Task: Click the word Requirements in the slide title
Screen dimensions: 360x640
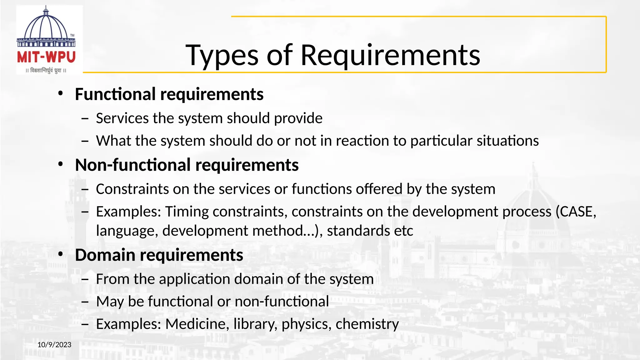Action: (x=390, y=56)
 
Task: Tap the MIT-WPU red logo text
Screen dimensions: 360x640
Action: (x=46, y=57)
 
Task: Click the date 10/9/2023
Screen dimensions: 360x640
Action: (x=54, y=345)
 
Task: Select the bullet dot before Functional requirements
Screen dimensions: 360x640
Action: (x=61, y=93)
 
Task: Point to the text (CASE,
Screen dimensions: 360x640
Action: (x=576, y=212)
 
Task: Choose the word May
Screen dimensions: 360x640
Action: (x=110, y=302)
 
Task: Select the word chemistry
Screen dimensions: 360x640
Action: (x=367, y=324)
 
